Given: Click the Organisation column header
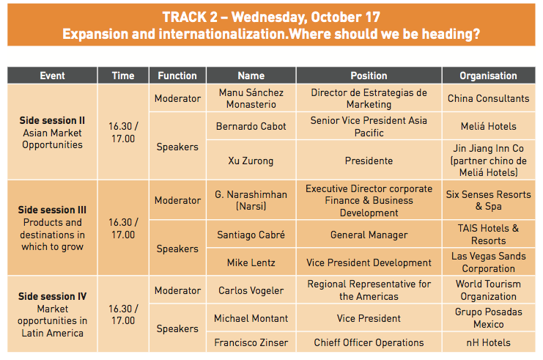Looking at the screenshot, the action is click(x=488, y=76).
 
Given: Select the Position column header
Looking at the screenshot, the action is click(x=369, y=76).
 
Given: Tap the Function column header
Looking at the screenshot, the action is click(x=177, y=76).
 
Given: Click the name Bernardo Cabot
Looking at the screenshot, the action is click(x=251, y=126).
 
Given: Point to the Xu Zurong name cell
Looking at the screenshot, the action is click(x=251, y=161).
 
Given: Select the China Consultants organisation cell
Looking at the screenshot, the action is click(x=488, y=98).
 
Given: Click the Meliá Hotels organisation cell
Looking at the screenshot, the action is click(x=488, y=126).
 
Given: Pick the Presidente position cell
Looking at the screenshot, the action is click(x=369, y=161).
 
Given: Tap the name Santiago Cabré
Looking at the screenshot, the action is click(x=251, y=235).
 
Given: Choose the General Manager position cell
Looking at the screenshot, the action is click(x=369, y=235).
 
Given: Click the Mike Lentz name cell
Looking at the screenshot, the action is click(x=251, y=262).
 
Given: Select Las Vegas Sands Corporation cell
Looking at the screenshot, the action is click(x=488, y=262).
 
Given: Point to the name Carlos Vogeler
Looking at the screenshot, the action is click(x=251, y=290).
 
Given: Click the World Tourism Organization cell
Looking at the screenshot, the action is click(x=488, y=290).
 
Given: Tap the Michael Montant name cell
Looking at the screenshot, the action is click(x=251, y=318).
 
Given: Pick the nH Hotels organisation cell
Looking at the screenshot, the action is click(x=488, y=342).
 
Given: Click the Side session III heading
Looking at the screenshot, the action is click(x=52, y=210).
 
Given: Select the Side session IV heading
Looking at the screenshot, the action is click(x=52, y=297).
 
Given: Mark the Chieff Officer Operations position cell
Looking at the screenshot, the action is click(x=369, y=342).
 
